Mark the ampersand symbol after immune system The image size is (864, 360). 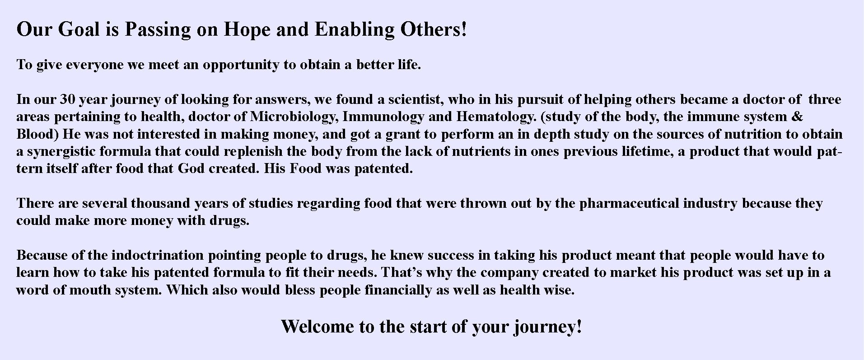coord(798,117)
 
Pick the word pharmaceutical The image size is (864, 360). coord(629,204)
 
